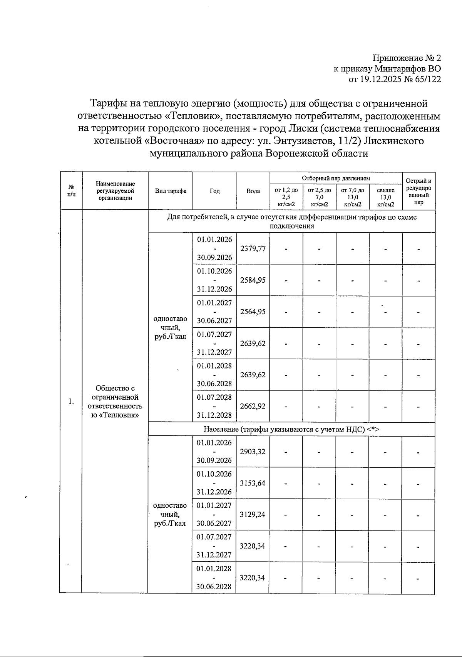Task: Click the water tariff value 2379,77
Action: tap(253, 248)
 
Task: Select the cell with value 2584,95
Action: tap(253, 280)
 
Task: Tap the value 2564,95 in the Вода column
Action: tap(253, 312)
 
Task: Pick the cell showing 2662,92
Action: tap(253, 406)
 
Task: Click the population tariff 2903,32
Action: tap(253, 452)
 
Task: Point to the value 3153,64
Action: tap(253, 483)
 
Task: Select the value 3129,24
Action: tap(253, 515)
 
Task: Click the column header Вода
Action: tap(253, 191)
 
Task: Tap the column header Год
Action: tap(214, 191)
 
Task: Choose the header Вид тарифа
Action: tap(171, 191)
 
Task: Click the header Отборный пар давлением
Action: tap(336, 178)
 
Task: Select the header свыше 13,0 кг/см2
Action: tap(386, 197)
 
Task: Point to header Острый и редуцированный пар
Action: tap(418, 191)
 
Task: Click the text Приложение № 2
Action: tap(407, 58)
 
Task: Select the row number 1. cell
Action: tap(71, 402)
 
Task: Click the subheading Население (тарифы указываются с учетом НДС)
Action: tap(291, 429)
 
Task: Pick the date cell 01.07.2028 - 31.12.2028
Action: tap(214, 406)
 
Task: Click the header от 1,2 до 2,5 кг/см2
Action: tap(286, 197)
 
